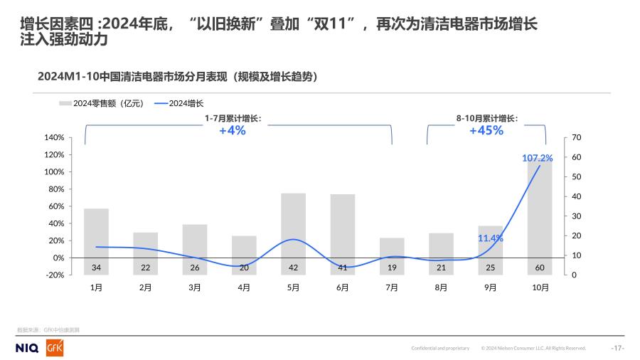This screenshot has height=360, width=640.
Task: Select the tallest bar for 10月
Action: (x=540, y=213)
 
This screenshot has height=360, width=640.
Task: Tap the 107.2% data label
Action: (x=538, y=158)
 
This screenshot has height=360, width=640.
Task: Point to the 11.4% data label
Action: (x=491, y=238)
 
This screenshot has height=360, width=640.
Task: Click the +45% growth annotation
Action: (x=486, y=131)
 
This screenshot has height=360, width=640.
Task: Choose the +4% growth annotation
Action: (x=233, y=131)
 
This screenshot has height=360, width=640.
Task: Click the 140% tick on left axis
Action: (x=55, y=137)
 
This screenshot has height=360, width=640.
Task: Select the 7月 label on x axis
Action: (x=392, y=287)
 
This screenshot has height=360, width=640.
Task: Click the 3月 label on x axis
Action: (x=194, y=287)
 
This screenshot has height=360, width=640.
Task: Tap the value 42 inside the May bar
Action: (x=293, y=268)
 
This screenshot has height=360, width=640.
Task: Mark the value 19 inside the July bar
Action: (x=392, y=268)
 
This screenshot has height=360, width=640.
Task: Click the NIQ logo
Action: (x=26, y=348)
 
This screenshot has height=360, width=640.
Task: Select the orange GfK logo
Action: (x=55, y=348)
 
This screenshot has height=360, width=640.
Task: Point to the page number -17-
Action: (x=617, y=348)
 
